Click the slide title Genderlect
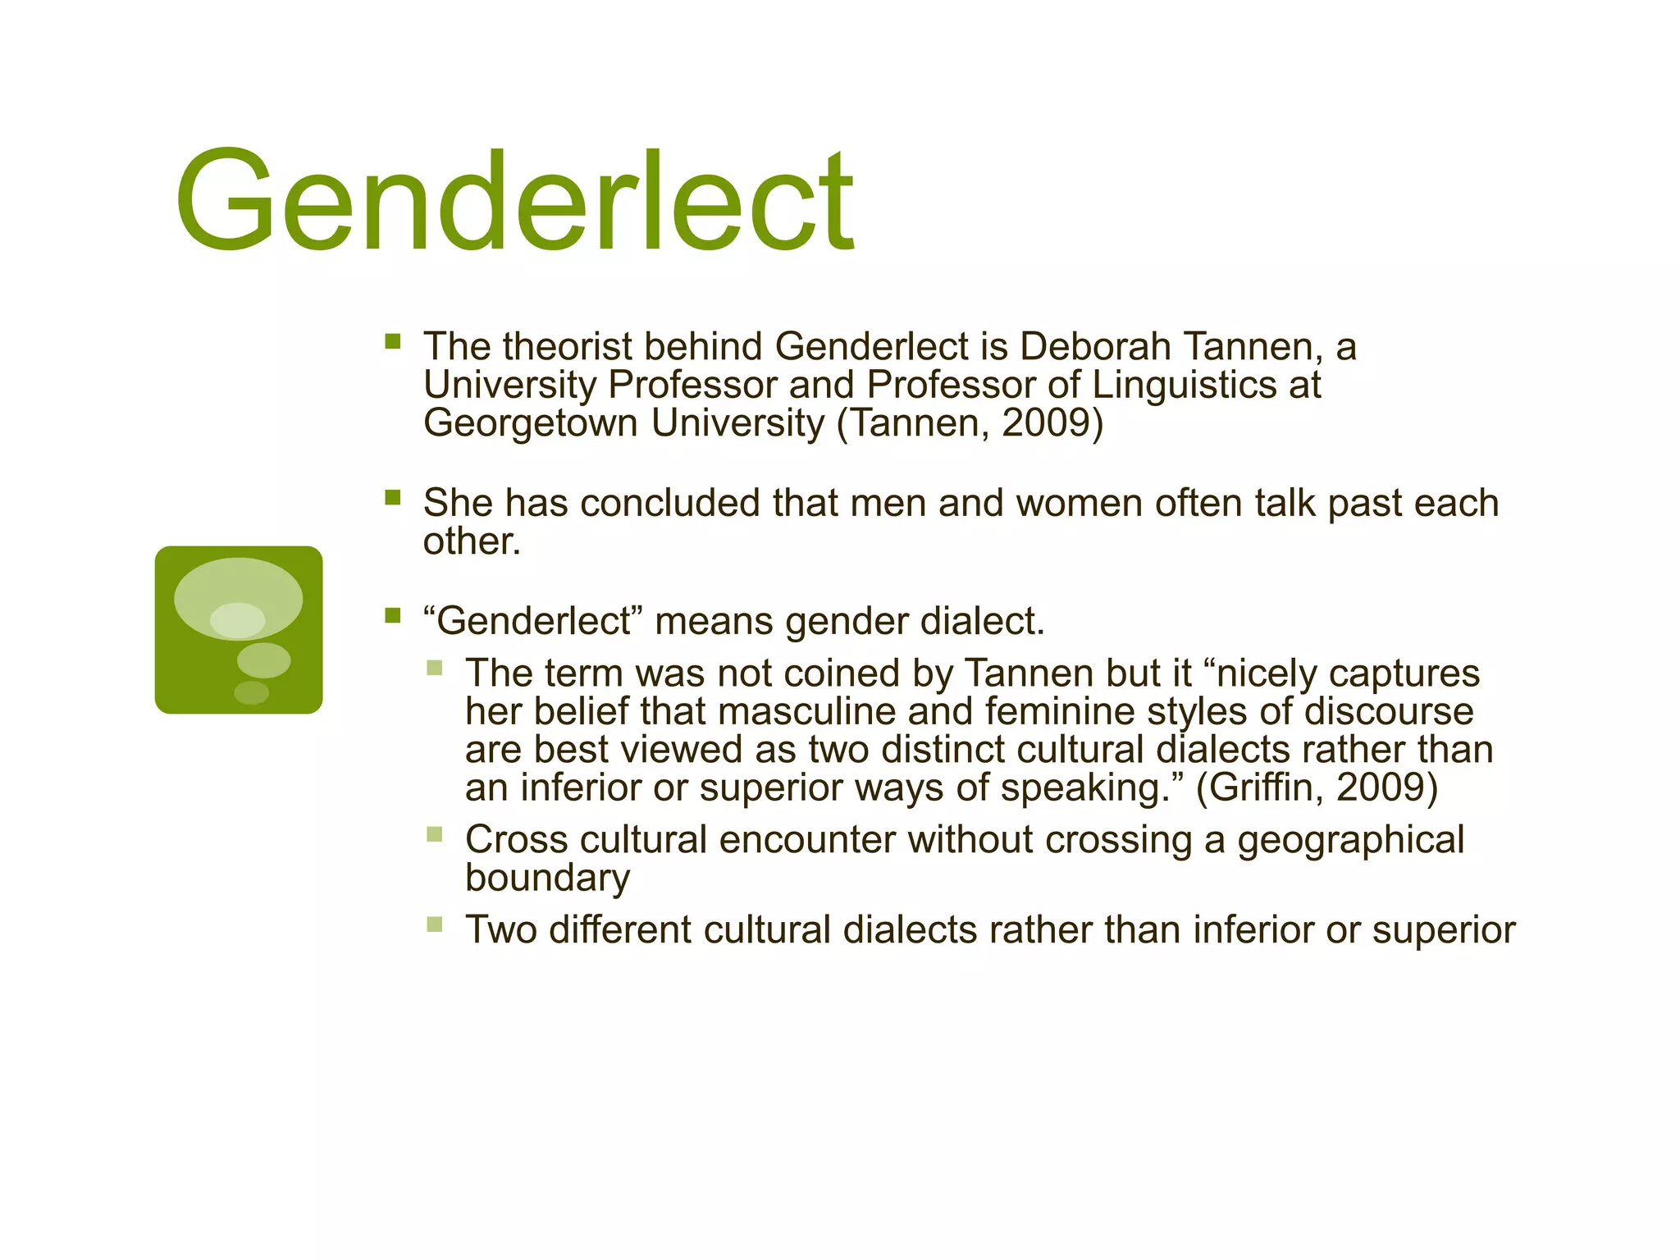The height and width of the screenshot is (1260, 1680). [514, 201]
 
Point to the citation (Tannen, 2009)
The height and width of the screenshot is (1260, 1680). [970, 423]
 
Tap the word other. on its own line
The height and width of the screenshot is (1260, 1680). [472, 541]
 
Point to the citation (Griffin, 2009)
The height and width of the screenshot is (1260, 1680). [1317, 787]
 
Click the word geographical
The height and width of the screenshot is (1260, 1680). [1350, 840]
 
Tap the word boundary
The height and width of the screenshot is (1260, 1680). [547, 878]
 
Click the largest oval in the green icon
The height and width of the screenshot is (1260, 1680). [238, 597]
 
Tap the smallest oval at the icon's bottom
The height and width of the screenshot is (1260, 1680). [251, 692]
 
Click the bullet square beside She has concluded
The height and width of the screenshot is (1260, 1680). [392, 497]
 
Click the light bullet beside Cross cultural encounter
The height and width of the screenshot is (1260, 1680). [435, 834]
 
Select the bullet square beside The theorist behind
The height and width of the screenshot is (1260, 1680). [392, 340]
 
